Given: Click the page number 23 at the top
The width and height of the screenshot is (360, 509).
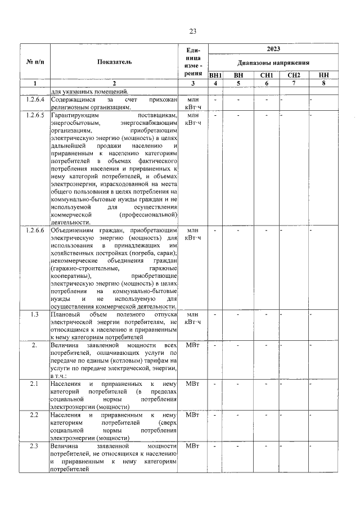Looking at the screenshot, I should (192, 31).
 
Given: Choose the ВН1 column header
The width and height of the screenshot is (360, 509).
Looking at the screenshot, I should (215, 75).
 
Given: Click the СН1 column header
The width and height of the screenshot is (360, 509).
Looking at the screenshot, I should (267, 75).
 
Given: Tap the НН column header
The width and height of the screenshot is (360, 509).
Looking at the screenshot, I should (323, 75).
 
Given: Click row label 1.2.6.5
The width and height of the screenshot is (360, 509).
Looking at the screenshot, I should (35, 116).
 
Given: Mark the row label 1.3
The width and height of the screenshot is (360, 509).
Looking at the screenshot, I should (35, 314).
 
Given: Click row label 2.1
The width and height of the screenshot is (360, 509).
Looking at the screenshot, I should (35, 384).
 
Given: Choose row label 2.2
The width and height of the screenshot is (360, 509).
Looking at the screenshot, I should (35, 415).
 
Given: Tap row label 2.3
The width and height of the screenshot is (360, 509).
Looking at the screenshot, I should (35, 446).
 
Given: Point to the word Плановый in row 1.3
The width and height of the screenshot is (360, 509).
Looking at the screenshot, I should (65, 314).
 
